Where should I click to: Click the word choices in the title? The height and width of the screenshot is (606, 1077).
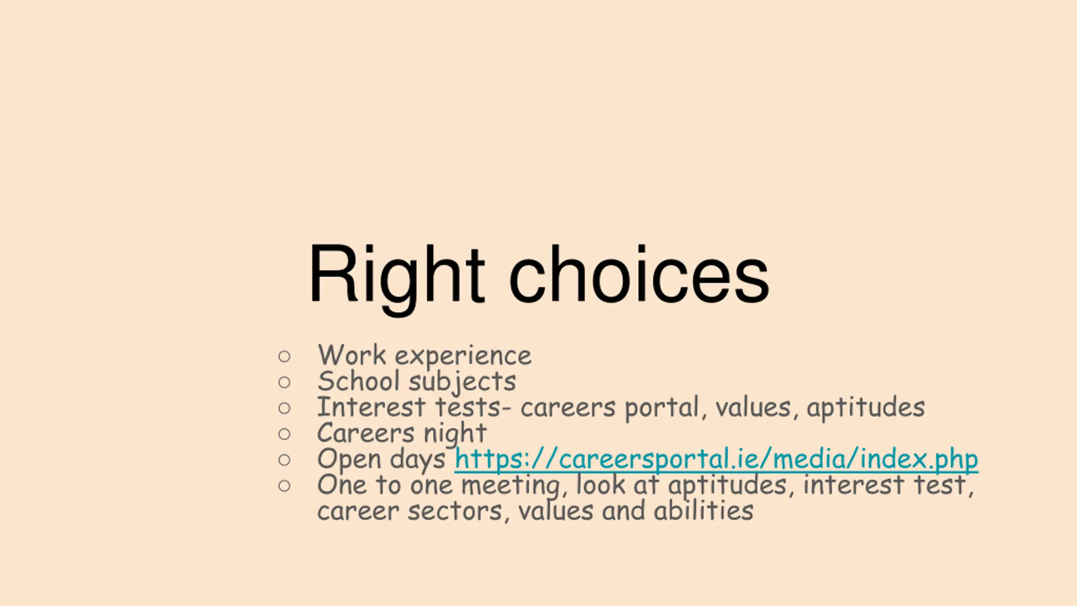click(x=639, y=274)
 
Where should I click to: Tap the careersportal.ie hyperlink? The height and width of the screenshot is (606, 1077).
click(x=716, y=460)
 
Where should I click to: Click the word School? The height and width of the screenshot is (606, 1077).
click(x=358, y=381)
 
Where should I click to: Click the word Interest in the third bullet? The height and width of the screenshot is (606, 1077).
click(x=371, y=407)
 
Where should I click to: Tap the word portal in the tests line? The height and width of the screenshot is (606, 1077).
click(x=661, y=409)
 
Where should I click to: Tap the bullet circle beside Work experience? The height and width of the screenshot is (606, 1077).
click(x=284, y=356)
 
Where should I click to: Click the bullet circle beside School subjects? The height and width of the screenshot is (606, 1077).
click(x=284, y=382)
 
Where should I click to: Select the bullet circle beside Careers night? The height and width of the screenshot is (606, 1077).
click(x=284, y=434)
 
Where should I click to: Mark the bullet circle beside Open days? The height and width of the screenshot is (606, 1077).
click(x=284, y=460)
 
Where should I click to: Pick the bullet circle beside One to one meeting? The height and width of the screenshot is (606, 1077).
click(x=284, y=486)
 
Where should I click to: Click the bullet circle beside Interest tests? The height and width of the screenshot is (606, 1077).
click(x=284, y=408)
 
